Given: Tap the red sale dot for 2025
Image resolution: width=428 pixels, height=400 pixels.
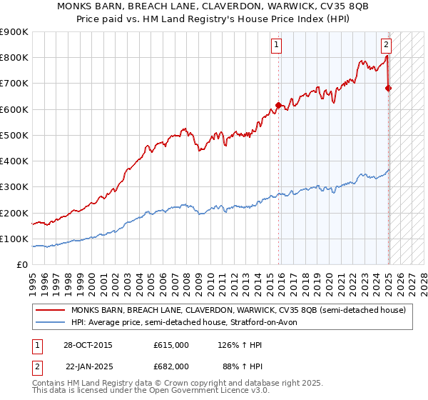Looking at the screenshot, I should (x=388, y=88).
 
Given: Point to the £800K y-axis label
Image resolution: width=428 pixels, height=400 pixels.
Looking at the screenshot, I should (x=14, y=58).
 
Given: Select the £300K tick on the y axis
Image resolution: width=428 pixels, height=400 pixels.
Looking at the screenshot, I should (x=14, y=187).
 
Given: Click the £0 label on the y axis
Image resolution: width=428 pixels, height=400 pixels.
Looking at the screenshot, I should (x=22, y=265).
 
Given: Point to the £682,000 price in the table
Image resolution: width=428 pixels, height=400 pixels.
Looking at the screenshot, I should (x=171, y=366).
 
